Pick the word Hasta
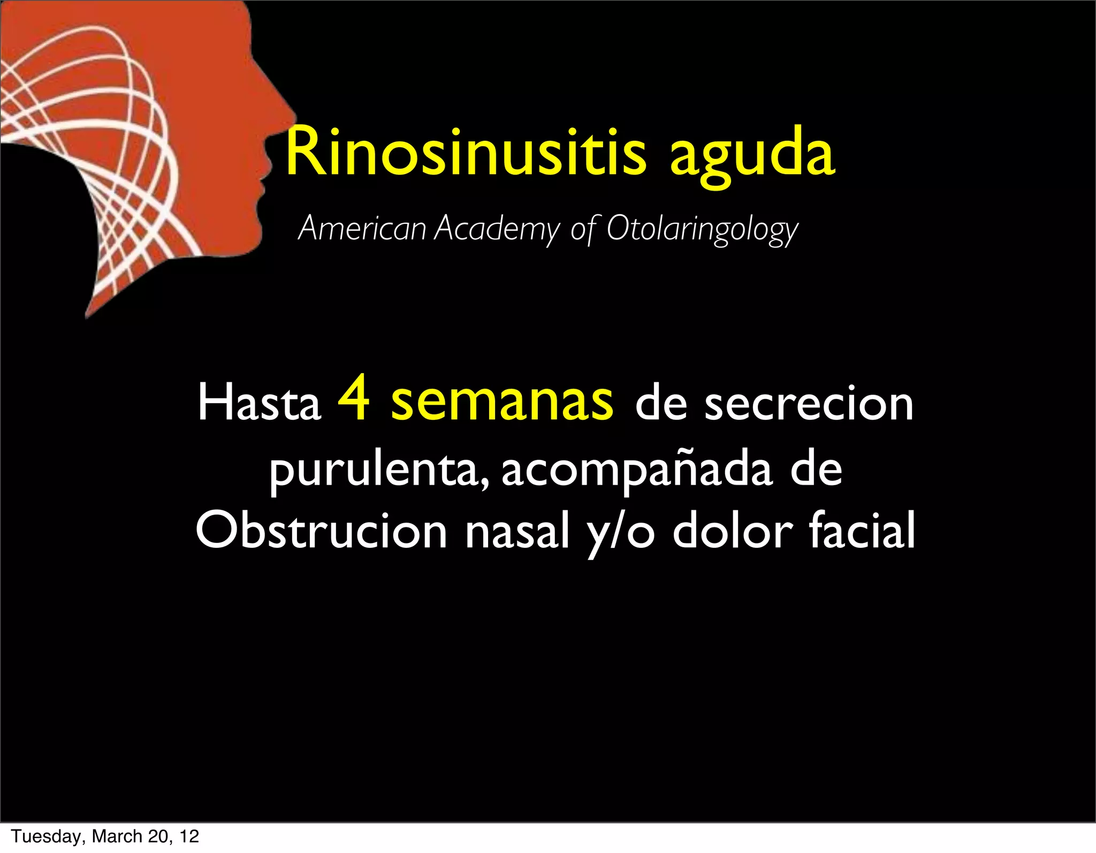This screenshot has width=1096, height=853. tap(259, 403)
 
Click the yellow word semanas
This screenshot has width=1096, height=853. tap(501, 403)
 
